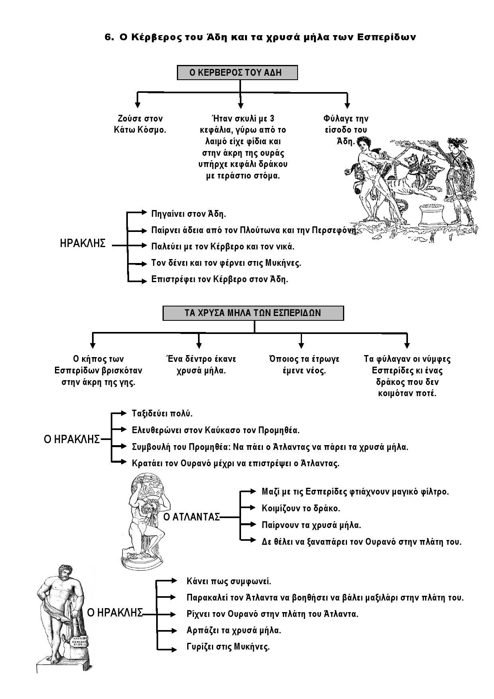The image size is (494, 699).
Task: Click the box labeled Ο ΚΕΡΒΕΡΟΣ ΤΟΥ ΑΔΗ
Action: click(237, 73)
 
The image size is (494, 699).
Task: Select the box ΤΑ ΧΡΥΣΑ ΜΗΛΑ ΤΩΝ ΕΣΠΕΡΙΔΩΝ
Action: click(253, 313)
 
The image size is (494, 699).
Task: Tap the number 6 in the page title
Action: click(108, 37)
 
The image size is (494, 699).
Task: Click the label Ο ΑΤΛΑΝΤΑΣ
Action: click(192, 517)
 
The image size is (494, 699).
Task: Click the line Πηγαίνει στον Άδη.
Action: click(188, 214)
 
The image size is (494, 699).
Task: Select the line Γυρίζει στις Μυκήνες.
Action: click(228, 646)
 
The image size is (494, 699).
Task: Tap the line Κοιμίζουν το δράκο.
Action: click(301, 509)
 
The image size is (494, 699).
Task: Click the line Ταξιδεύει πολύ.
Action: click(162, 414)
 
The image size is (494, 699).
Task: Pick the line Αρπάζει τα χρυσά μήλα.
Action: click(234, 630)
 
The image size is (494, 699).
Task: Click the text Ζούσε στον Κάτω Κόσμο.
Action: click(140, 124)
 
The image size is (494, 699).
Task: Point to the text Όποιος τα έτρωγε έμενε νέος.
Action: click(304, 365)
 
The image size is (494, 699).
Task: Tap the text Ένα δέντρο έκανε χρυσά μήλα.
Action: click(201, 365)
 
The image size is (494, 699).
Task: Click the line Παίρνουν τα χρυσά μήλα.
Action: click(311, 525)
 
